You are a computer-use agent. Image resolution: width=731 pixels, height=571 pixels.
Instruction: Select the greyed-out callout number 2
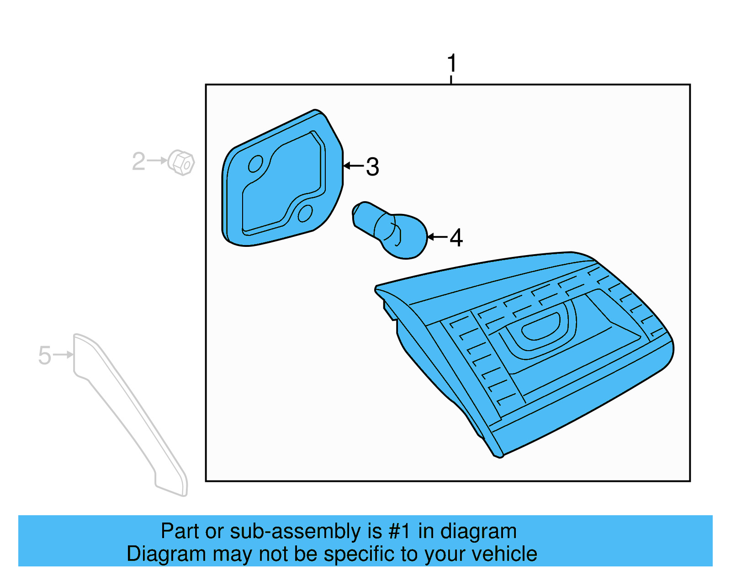pos(138,161)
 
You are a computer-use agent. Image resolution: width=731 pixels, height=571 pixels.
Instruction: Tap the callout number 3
pos(372,166)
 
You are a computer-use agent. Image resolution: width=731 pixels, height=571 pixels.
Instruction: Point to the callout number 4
pos(456,238)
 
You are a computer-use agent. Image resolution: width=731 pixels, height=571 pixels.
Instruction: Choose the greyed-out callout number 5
pos(45,355)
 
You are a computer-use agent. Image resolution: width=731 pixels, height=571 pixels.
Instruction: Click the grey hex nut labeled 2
pos(181,162)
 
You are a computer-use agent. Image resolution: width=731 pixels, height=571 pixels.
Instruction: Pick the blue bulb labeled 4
pos(390,230)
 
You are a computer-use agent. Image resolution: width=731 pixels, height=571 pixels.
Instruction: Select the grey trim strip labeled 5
pos(131,415)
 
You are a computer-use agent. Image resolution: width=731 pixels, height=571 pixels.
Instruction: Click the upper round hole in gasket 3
pos(255,164)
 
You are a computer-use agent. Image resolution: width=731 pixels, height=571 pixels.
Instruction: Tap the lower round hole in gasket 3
pos(305,213)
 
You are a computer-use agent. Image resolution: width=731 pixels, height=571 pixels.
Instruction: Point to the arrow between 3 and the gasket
pos(354,165)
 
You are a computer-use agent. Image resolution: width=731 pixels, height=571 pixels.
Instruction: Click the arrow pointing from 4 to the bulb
pos(437,237)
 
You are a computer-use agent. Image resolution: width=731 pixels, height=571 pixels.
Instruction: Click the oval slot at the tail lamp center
pos(540,326)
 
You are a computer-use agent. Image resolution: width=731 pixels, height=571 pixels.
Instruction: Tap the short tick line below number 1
pos(451,80)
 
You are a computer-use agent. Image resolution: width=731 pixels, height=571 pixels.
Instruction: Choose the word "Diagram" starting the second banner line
pos(166,555)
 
